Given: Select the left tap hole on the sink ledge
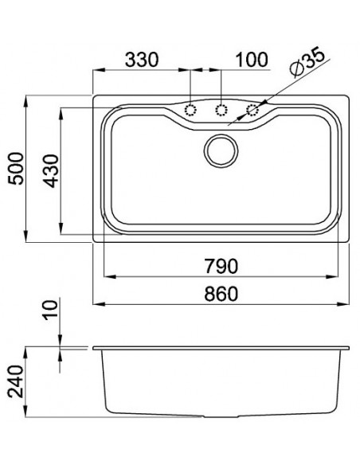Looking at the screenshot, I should pyautogui.click(x=191, y=110).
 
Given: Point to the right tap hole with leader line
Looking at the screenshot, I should pyautogui.click(x=252, y=110).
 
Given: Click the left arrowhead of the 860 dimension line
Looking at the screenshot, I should pyautogui.click(x=97, y=304).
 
